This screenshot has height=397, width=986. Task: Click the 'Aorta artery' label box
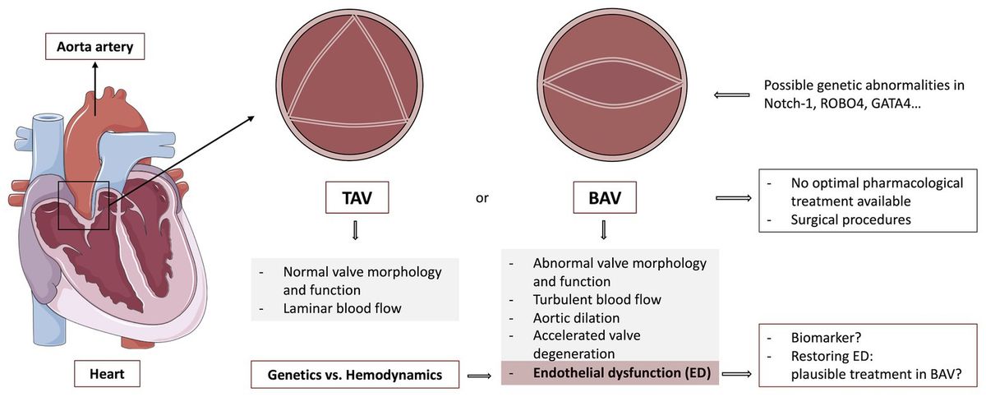pos(94,48)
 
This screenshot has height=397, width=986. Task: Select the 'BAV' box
pos(604,197)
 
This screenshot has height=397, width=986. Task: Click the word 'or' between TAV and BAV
pos(483,198)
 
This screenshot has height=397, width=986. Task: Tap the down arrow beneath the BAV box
pos(604,232)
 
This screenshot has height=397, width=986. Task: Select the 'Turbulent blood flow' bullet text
pos(597,299)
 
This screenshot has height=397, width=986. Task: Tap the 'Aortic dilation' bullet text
pos(576,317)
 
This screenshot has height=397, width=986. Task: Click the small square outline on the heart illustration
pos(83,205)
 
